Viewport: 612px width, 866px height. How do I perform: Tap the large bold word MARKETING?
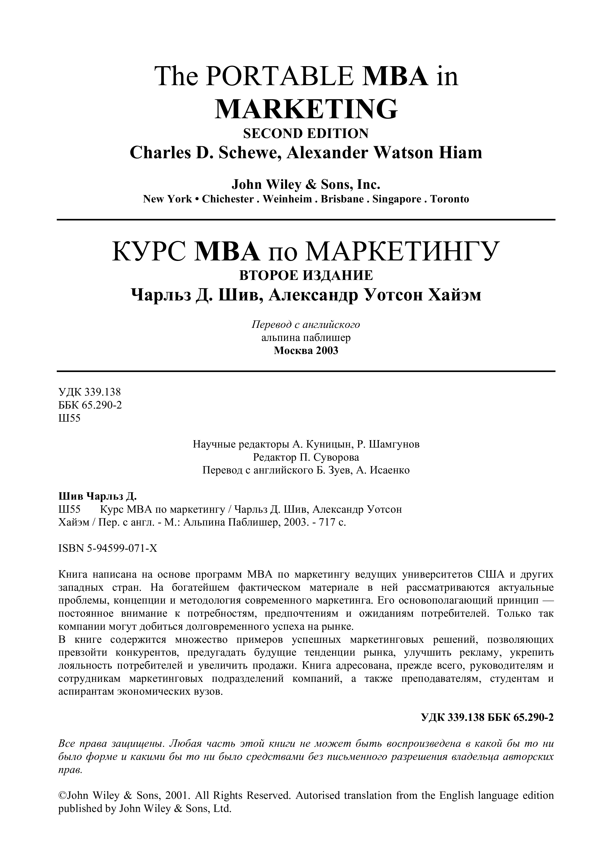click(306, 109)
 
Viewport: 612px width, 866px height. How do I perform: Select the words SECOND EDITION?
click(306, 134)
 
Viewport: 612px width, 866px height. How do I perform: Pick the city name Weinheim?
click(287, 199)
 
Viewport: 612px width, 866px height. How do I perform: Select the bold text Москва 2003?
click(306, 351)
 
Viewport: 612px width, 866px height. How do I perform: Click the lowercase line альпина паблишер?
click(306, 337)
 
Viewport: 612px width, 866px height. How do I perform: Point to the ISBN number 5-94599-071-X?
click(122, 549)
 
